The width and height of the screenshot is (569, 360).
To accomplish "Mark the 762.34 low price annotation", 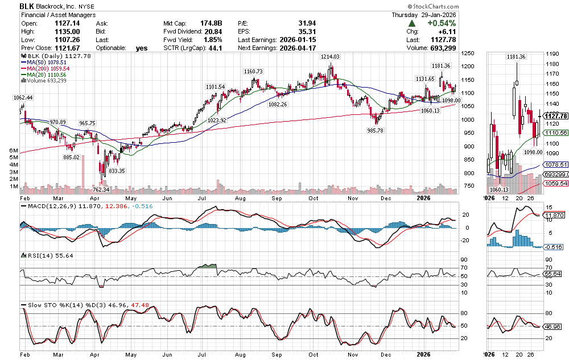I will point(100,189).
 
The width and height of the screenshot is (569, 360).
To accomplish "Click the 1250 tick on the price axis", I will point(468,53).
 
